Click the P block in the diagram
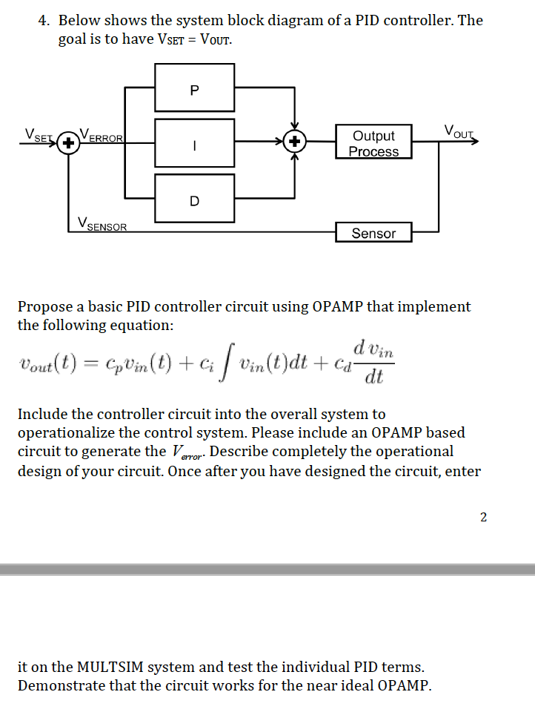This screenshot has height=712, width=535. (195, 88)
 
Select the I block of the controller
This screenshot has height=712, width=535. (195, 143)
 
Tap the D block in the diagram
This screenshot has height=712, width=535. (195, 199)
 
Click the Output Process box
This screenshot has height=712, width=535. (373, 142)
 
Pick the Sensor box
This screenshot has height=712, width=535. (373, 232)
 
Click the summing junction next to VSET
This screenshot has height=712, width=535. (68, 143)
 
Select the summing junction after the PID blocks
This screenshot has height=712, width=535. (295, 141)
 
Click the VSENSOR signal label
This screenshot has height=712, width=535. (102, 224)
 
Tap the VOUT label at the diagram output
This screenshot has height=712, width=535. (459, 132)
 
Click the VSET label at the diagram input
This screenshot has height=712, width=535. (39, 135)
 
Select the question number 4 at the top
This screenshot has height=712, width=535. (44, 21)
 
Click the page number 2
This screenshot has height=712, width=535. (483, 517)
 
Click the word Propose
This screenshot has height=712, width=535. (45, 307)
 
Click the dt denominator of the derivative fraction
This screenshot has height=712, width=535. (374, 377)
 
